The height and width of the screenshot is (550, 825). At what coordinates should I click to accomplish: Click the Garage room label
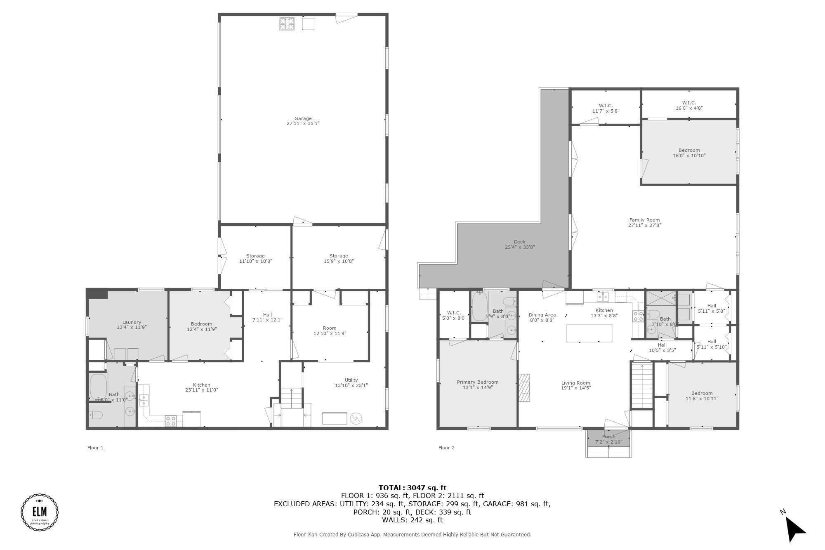303,119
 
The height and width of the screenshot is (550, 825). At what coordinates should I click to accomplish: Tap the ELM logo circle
40,512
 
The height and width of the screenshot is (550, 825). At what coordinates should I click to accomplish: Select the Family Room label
644,220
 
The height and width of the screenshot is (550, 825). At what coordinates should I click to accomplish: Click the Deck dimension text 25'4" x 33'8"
519,247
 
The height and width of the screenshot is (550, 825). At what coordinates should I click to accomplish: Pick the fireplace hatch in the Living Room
525,388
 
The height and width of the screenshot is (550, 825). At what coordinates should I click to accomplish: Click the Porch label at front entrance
608,437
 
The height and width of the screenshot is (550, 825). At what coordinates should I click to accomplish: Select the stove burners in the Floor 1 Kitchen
171,421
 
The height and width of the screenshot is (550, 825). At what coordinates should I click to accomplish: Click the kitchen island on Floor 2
589,333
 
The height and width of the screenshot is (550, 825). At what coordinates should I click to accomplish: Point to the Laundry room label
132,322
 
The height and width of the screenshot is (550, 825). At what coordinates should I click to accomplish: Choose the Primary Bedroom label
477,382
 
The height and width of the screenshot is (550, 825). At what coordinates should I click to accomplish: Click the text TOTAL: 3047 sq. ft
412,488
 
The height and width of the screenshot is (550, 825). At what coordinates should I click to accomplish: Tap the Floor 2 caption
446,448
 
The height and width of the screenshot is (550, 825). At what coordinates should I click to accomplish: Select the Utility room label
351,380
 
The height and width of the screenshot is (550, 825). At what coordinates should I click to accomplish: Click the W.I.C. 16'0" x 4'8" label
689,103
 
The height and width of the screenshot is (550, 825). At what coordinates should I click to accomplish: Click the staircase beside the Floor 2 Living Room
642,386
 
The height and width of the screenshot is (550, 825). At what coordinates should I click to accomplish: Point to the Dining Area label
542,315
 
